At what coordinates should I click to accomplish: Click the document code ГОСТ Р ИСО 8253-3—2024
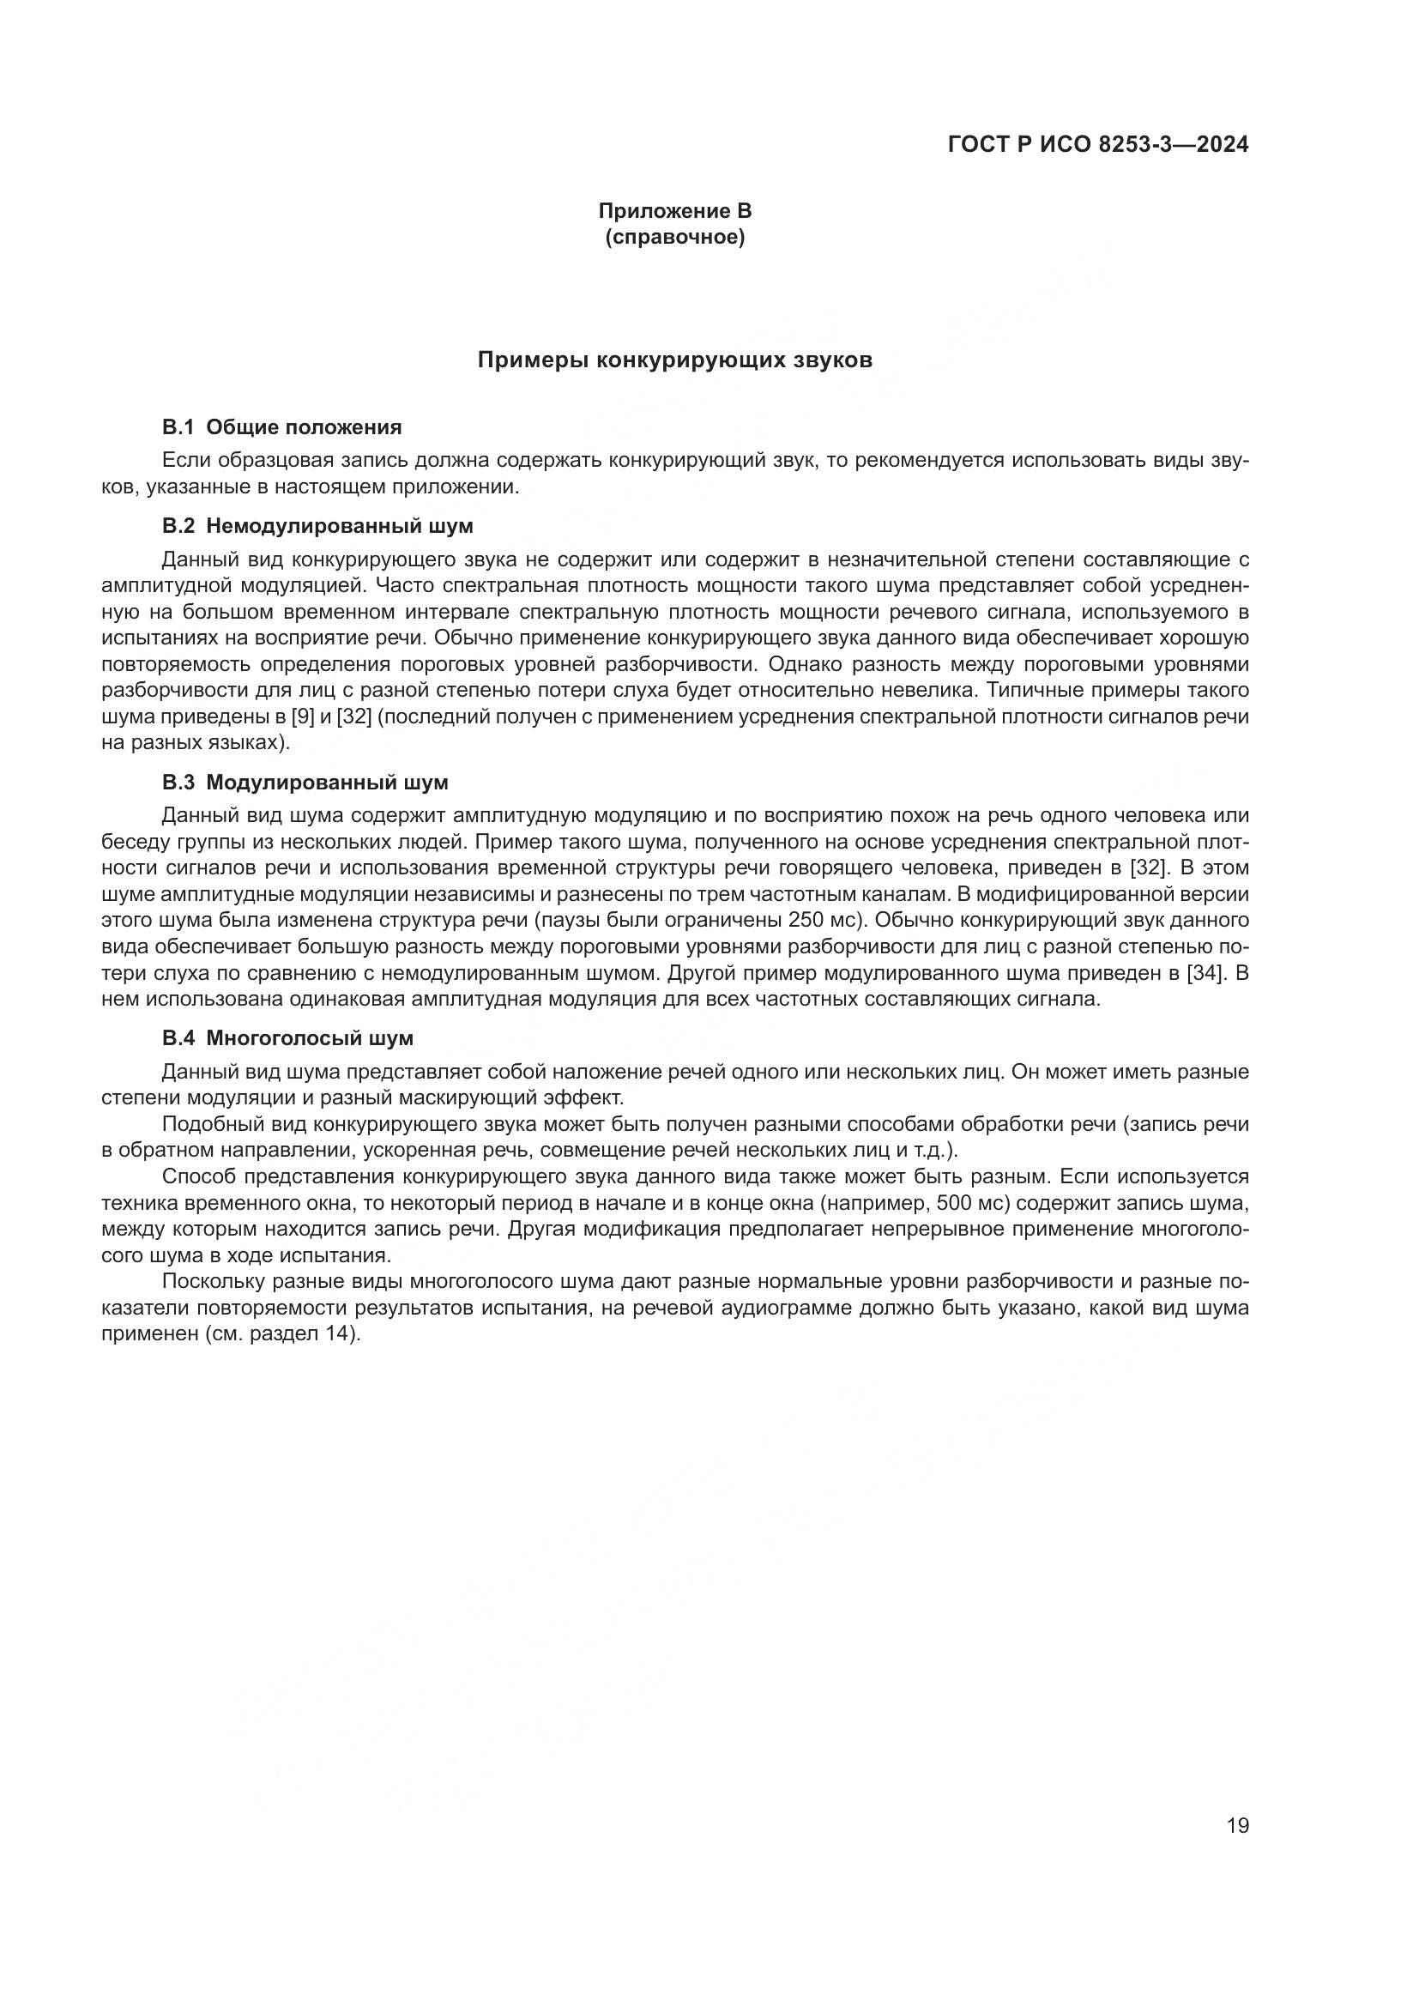pyautogui.click(x=1097, y=145)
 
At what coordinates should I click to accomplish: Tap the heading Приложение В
pyautogui.click(x=674, y=211)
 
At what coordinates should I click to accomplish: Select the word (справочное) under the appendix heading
pyautogui.click(x=674, y=237)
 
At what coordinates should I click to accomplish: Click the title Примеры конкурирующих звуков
pyautogui.click(x=674, y=360)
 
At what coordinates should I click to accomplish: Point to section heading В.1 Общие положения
pyautogui.click(x=281, y=427)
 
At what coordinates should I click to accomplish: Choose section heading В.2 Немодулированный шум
pyautogui.click(x=317, y=526)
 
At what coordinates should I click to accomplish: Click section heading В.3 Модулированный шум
pyautogui.click(x=305, y=783)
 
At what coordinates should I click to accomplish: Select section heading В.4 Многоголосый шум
pyautogui.click(x=287, y=1038)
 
